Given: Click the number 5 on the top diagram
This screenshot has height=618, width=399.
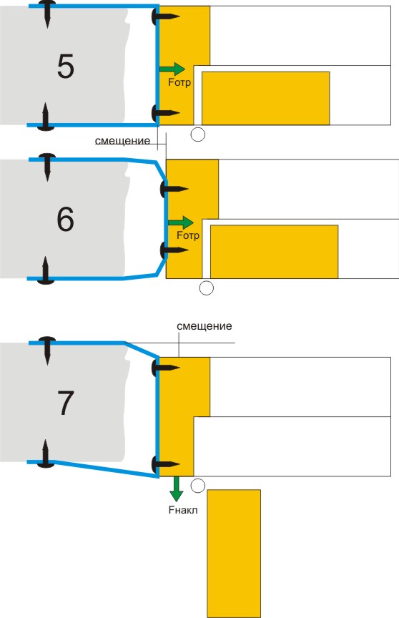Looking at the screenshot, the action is (65, 67).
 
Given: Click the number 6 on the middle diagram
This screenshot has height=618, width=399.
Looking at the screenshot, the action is (65, 219).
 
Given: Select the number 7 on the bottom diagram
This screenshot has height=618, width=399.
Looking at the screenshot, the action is (66, 403).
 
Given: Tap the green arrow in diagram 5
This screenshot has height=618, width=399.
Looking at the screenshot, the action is (172, 69).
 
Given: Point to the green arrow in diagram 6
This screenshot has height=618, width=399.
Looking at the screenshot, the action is (181, 222).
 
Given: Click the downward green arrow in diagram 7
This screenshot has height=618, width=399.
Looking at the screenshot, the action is (177, 489).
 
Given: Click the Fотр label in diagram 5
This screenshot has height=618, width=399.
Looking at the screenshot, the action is (179, 82).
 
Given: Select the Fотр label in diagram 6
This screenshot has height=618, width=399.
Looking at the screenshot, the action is (188, 235).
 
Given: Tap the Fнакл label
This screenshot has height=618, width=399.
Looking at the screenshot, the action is (183, 510).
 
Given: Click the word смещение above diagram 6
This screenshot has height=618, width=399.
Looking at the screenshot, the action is (122, 141).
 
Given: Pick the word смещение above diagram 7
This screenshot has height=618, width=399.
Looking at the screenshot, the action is (204, 326).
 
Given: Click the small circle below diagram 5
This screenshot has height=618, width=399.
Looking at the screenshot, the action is (198, 134).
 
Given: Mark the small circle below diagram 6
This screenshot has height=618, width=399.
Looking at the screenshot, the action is (207, 288).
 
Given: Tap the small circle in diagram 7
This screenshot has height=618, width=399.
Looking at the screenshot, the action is (198, 486).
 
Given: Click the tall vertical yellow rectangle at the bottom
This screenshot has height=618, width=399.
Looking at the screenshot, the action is (234, 554).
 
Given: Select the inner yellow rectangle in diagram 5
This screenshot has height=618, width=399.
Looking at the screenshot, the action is (266, 98).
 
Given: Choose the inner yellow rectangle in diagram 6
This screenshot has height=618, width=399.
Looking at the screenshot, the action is (274, 252).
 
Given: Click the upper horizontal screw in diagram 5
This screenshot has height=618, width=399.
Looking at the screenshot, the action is (165, 16).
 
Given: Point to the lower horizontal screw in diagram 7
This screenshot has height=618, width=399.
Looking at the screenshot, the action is (165, 464).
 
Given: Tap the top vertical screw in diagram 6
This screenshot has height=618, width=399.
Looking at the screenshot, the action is (47, 167).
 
